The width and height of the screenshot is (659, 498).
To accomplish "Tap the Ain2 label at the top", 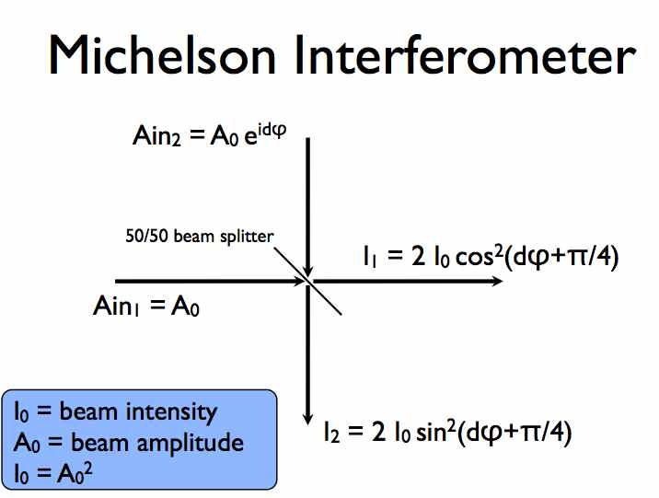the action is (157, 136).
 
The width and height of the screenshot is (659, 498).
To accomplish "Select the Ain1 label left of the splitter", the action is (116, 306).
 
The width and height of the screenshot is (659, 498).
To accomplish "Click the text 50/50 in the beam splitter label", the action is (147, 237).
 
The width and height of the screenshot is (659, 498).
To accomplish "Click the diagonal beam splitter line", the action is (307, 281).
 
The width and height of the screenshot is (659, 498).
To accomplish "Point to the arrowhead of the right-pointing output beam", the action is (496, 281).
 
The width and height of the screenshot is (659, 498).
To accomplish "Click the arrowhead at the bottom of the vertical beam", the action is (308, 418).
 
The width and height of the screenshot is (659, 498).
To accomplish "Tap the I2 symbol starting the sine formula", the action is (331, 433).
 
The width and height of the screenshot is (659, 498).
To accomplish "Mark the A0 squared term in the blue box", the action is (75, 473).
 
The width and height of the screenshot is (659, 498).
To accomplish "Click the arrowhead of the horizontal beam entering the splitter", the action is (297, 281).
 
